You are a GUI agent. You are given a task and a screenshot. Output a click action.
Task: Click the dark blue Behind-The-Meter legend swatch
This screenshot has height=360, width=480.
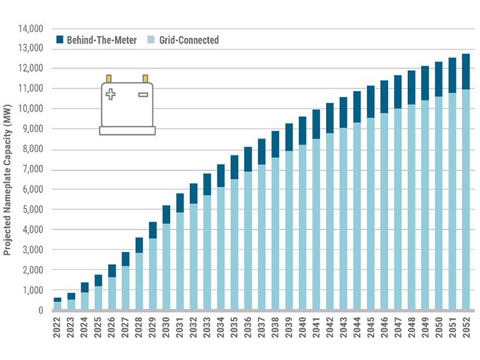click(59, 40)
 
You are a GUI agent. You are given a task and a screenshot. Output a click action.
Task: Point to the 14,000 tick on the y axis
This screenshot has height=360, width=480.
click(30, 28)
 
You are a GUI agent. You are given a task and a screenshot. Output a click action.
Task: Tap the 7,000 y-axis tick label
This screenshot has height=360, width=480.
click(33, 169)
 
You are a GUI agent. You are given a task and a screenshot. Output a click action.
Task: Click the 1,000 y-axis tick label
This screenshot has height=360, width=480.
click(33, 290)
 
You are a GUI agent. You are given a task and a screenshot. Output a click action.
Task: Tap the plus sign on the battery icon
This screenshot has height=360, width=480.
click(110, 94)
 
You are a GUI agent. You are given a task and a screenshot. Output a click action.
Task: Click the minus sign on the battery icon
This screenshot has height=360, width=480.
click(143, 94)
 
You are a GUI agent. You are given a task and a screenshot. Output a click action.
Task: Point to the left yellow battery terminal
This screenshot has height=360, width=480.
click(109, 78)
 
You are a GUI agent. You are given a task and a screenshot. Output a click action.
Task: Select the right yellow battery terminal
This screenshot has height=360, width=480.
click(145, 78)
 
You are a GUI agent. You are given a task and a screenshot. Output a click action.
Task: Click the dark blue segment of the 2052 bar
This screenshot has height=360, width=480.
click(466, 71)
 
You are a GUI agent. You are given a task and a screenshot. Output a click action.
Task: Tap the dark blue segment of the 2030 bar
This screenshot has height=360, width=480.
click(166, 214)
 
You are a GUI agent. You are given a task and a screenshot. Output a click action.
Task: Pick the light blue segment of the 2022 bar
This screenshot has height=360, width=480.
click(58, 305)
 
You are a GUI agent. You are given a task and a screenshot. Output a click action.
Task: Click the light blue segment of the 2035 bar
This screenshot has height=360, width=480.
click(234, 244)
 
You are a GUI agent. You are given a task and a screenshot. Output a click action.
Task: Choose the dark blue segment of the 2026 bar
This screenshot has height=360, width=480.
click(112, 271)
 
